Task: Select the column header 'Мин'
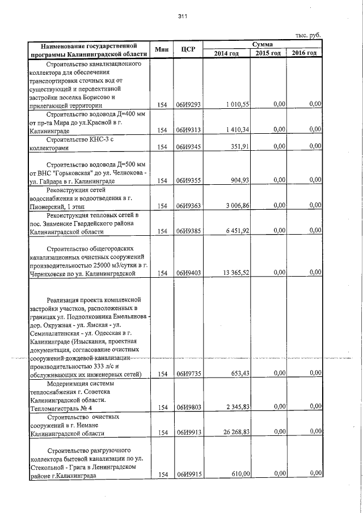160,49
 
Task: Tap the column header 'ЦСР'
188,49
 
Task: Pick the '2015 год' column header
268,53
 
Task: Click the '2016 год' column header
305,53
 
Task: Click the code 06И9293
188,105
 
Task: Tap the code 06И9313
188,130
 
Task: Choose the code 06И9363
188,206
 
